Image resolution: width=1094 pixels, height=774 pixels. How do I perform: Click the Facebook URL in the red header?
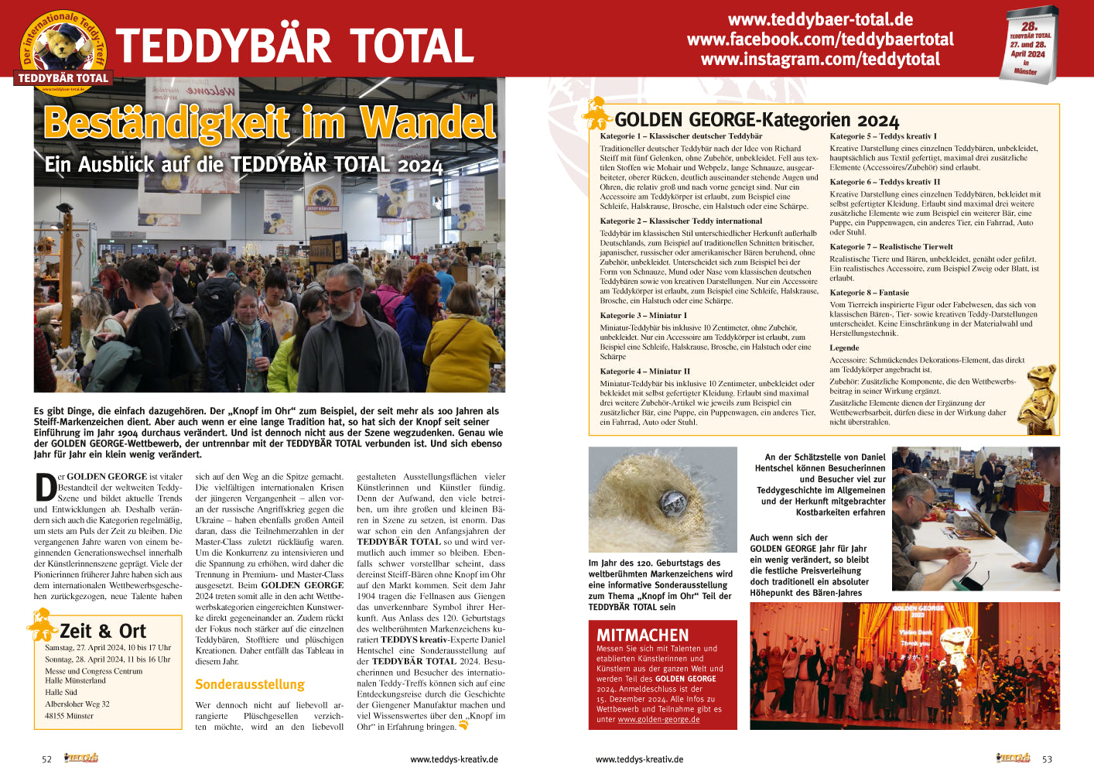pyautogui.click(x=820, y=39)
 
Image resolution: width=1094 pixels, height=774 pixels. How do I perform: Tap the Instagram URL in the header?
pyautogui.click(x=820, y=60)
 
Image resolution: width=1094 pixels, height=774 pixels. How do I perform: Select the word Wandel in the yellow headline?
pyautogui.click(x=428, y=123)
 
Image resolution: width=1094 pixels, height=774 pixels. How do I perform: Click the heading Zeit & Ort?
pyautogui.click(x=102, y=631)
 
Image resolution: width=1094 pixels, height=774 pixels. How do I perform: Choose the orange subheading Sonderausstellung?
pyautogui.click(x=249, y=684)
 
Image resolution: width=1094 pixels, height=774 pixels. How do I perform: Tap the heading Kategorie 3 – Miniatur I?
pyautogui.click(x=643, y=315)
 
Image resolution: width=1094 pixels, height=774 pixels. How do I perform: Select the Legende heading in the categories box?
pyautogui.click(x=844, y=348)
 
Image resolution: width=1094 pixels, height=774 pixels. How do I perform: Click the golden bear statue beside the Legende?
pyautogui.click(x=1037, y=399)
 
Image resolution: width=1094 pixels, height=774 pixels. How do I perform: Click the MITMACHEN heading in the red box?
pyautogui.click(x=642, y=635)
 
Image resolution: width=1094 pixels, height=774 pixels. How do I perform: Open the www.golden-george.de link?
pyautogui.click(x=658, y=719)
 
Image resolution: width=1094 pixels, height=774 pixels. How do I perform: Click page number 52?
pyautogui.click(x=46, y=759)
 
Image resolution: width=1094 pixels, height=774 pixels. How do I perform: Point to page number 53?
pyautogui.click(x=1047, y=759)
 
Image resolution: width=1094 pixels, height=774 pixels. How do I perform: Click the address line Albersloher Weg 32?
pyautogui.click(x=77, y=704)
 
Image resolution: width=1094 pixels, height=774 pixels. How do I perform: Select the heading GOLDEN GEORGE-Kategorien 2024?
pyautogui.click(x=757, y=120)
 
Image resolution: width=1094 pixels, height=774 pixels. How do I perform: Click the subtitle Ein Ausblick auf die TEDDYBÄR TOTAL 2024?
pyautogui.click(x=243, y=165)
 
